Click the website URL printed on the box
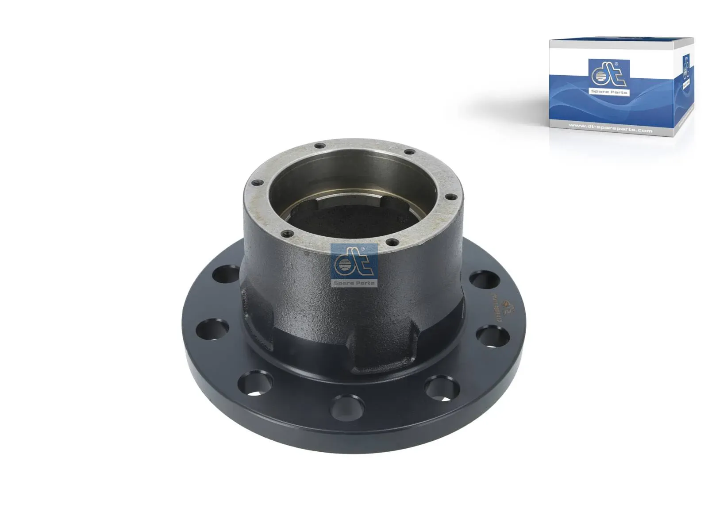[x=610, y=131]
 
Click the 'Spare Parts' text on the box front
[x=609, y=92]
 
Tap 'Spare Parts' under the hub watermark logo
[x=354, y=282]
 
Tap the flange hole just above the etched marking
[x=484, y=280]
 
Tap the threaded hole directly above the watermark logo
[x=389, y=242]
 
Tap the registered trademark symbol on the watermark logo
[x=363, y=249]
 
